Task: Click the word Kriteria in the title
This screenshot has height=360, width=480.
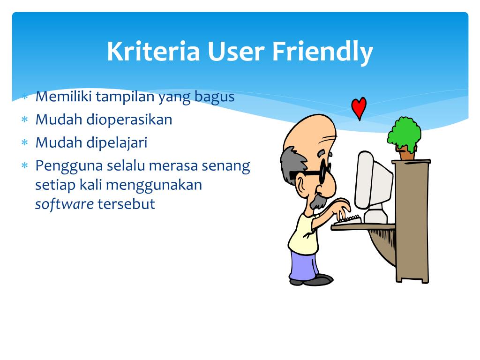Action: [153, 51]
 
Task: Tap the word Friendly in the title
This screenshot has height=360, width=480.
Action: [322, 52]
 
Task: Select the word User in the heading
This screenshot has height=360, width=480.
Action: [236, 51]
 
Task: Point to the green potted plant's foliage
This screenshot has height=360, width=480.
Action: [404, 133]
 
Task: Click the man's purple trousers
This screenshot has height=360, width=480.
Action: [303, 265]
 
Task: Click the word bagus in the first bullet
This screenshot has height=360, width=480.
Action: [215, 97]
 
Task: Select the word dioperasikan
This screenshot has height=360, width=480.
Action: [129, 120]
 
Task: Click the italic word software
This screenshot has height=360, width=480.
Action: [64, 204]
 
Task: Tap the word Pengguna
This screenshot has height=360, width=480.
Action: [69, 167]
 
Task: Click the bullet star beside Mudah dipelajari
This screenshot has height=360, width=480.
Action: [25, 142]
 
